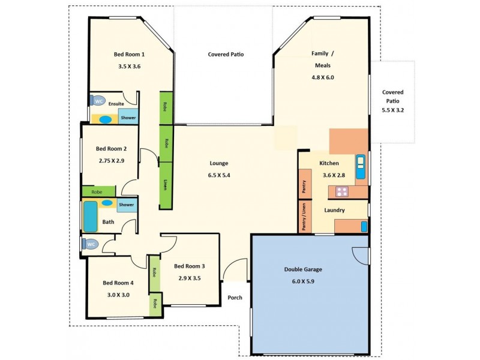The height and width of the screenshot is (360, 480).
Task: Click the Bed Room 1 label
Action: [x=129, y=55]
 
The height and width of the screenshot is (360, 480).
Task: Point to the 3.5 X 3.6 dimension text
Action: [x=129, y=67]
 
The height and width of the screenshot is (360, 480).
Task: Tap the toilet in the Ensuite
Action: [x=98, y=101]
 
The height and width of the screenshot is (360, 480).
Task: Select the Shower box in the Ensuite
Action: [x=128, y=118]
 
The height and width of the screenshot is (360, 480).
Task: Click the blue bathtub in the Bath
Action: [x=90, y=216]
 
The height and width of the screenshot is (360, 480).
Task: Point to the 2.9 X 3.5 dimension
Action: [x=190, y=278]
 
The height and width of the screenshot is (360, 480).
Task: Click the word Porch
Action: [x=234, y=298]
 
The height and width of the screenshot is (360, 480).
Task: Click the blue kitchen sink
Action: [x=361, y=167]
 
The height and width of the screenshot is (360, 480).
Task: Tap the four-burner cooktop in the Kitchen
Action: [x=342, y=193]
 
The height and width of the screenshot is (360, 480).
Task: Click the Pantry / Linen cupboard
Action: [x=305, y=217]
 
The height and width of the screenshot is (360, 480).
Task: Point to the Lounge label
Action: [x=218, y=163]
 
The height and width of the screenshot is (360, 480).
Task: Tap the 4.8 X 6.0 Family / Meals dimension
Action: [x=322, y=77]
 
